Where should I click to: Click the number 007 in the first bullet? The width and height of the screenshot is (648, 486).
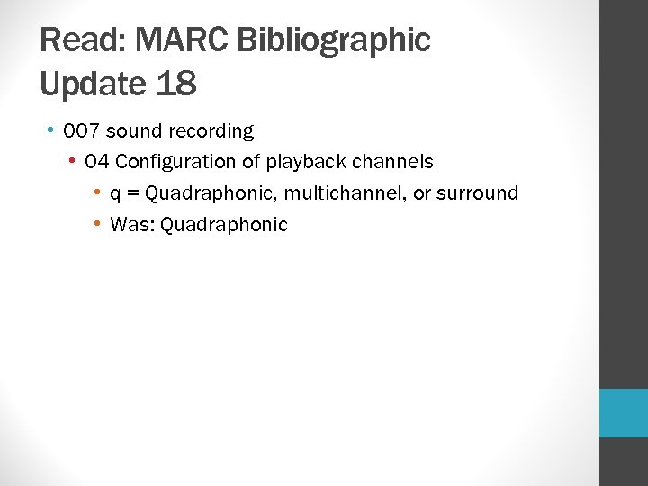click(x=82, y=131)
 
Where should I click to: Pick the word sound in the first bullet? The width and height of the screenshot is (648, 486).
click(x=134, y=131)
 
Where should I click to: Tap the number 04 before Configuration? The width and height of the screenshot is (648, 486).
click(x=97, y=162)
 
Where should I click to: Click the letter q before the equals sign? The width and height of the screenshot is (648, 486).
click(x=115, y=193)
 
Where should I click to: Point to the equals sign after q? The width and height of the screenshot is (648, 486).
click(x=132, y=193)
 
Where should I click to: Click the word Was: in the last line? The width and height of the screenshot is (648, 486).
click(x=131, y=225)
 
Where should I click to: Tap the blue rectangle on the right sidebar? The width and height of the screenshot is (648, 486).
click(x=624, y=413)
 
